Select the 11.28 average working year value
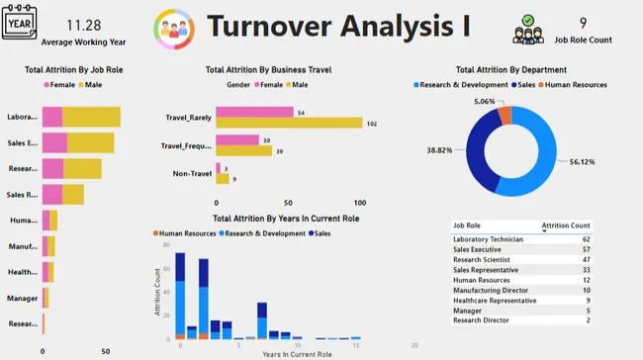pos(83,24)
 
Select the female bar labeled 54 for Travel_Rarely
pos(254,112)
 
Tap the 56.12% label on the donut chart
pos(581,162)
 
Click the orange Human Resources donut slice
pos(506,116)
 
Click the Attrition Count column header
pos(566,225)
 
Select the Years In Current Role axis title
pos(297,353)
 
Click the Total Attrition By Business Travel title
pos(267,70)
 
